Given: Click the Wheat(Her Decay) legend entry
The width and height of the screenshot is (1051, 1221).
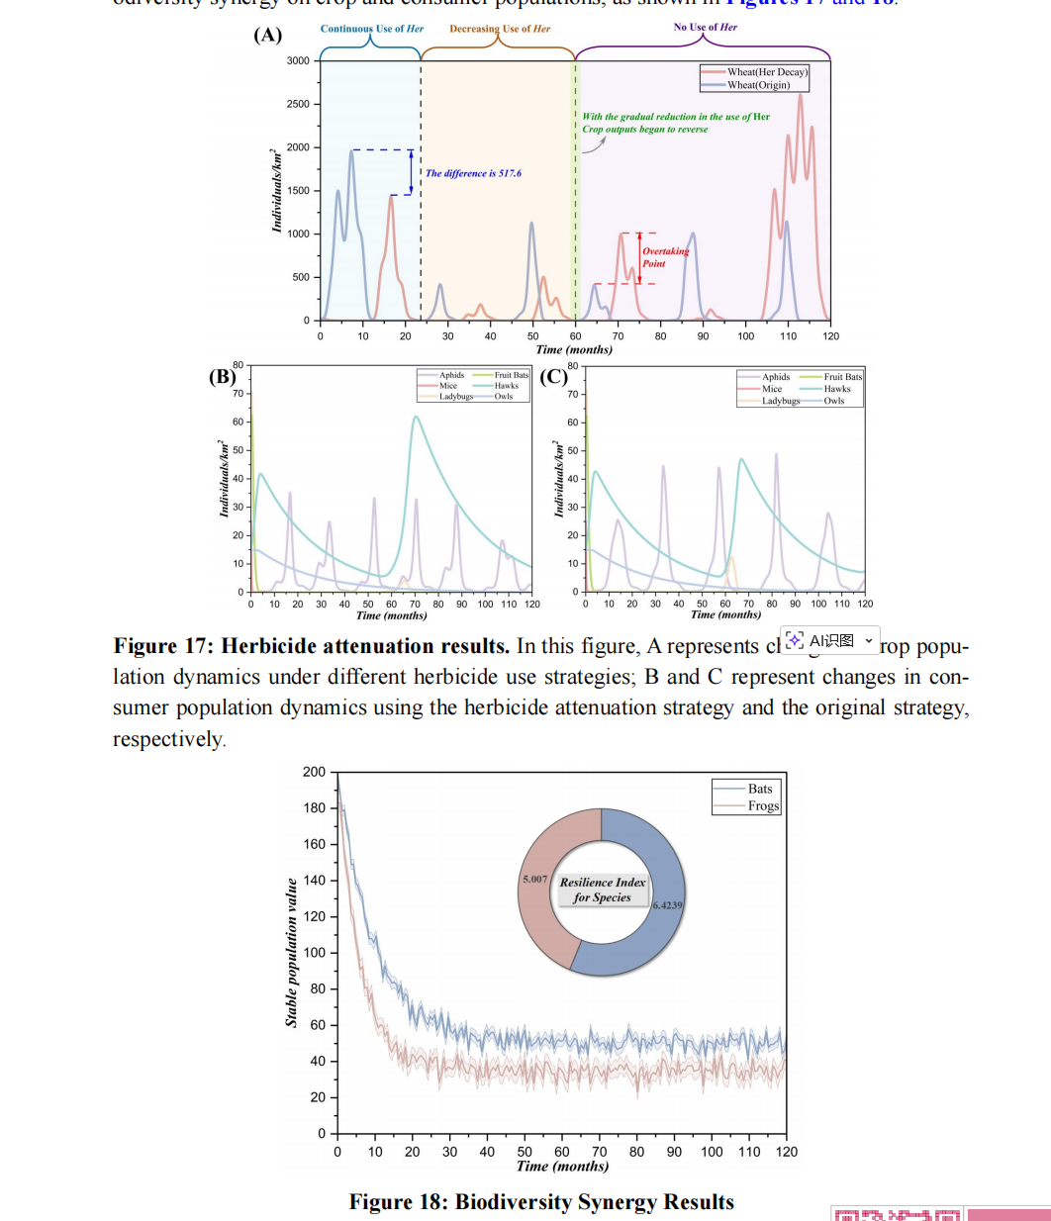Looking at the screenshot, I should click(767, 72).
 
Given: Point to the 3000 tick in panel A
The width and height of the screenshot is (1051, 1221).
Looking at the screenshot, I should click(298, 61).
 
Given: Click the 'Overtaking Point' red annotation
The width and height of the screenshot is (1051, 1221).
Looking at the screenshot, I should click(665, 257).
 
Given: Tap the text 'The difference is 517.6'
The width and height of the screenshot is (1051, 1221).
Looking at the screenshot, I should click(473, 173).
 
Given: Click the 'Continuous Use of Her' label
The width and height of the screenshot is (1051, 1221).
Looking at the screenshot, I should click(371, 29).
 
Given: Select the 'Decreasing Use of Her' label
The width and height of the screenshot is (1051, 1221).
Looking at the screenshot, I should click(499, 29).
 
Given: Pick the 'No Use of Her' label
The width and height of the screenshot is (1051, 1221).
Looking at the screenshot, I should click(705, 28).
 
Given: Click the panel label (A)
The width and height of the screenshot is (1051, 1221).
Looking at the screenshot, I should click(267, 36).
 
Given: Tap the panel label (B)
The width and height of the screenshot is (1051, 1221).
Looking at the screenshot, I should click(223, 376).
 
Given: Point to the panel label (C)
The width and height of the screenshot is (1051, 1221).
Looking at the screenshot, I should click(554, 376).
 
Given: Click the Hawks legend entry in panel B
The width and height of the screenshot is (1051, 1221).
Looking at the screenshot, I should click(506, 386).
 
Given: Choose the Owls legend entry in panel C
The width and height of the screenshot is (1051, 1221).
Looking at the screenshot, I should click(834, 401).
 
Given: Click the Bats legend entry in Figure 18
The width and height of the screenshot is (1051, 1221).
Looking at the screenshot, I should click(759, 789).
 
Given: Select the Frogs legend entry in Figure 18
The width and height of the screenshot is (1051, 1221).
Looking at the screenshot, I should click(763, 805).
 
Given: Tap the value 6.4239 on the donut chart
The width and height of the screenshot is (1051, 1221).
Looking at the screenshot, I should click(667, 904).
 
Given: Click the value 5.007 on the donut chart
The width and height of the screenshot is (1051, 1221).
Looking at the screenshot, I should click(534, 879).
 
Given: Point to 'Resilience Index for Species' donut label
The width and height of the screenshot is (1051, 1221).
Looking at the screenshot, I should click(602, 890).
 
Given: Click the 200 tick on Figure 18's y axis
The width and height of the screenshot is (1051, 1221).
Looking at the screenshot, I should click(314, 772).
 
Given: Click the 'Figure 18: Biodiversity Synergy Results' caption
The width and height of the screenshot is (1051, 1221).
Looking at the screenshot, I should click(541, 1201).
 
